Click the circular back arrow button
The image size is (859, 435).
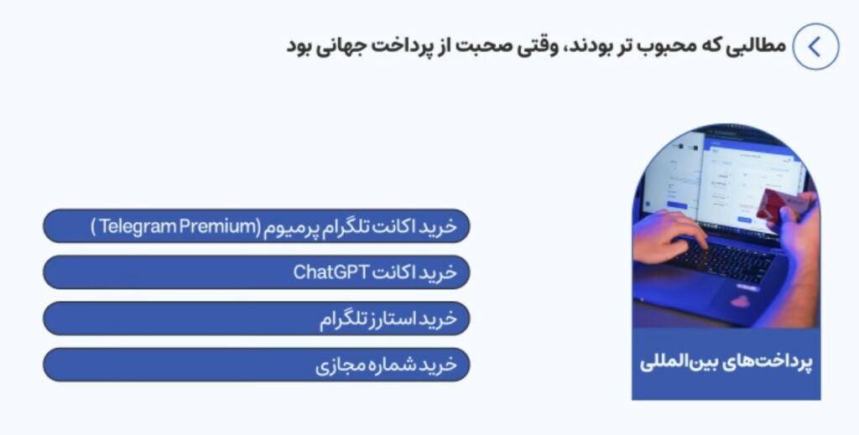coord(815,46)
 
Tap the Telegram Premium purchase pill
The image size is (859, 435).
coord(257,226)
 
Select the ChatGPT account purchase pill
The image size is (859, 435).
coord(257,272)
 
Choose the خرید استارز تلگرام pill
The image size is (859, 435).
coord(257,318)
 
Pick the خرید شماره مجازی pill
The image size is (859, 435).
coord(257,365)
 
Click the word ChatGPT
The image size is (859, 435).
coord(330,272)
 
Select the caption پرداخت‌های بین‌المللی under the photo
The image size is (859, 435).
coord(726,362)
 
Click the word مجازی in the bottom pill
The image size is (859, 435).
coord(336,365)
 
